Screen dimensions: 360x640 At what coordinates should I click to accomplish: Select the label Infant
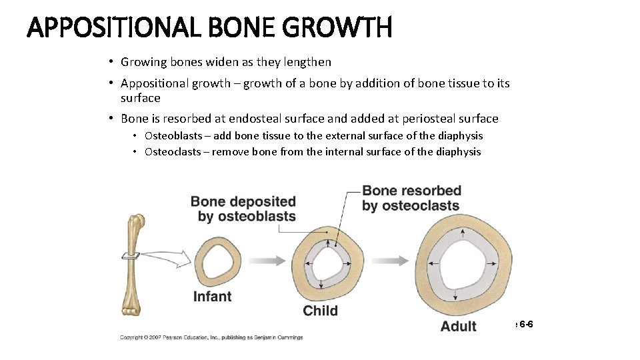point(212,297)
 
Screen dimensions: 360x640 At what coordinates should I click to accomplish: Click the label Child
point(320,311)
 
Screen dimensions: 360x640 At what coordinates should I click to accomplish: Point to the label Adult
point(459,327)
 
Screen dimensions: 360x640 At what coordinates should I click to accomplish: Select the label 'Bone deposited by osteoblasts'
point(243,209)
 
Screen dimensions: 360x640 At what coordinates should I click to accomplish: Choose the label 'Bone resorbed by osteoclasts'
point(411,198)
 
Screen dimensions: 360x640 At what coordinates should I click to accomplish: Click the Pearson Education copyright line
point(211,337)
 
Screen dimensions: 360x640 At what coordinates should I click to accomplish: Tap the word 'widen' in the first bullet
point(216,62)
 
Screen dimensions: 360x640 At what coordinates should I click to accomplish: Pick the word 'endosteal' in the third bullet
point(254,119)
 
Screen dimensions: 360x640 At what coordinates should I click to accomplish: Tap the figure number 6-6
point(525,324)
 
